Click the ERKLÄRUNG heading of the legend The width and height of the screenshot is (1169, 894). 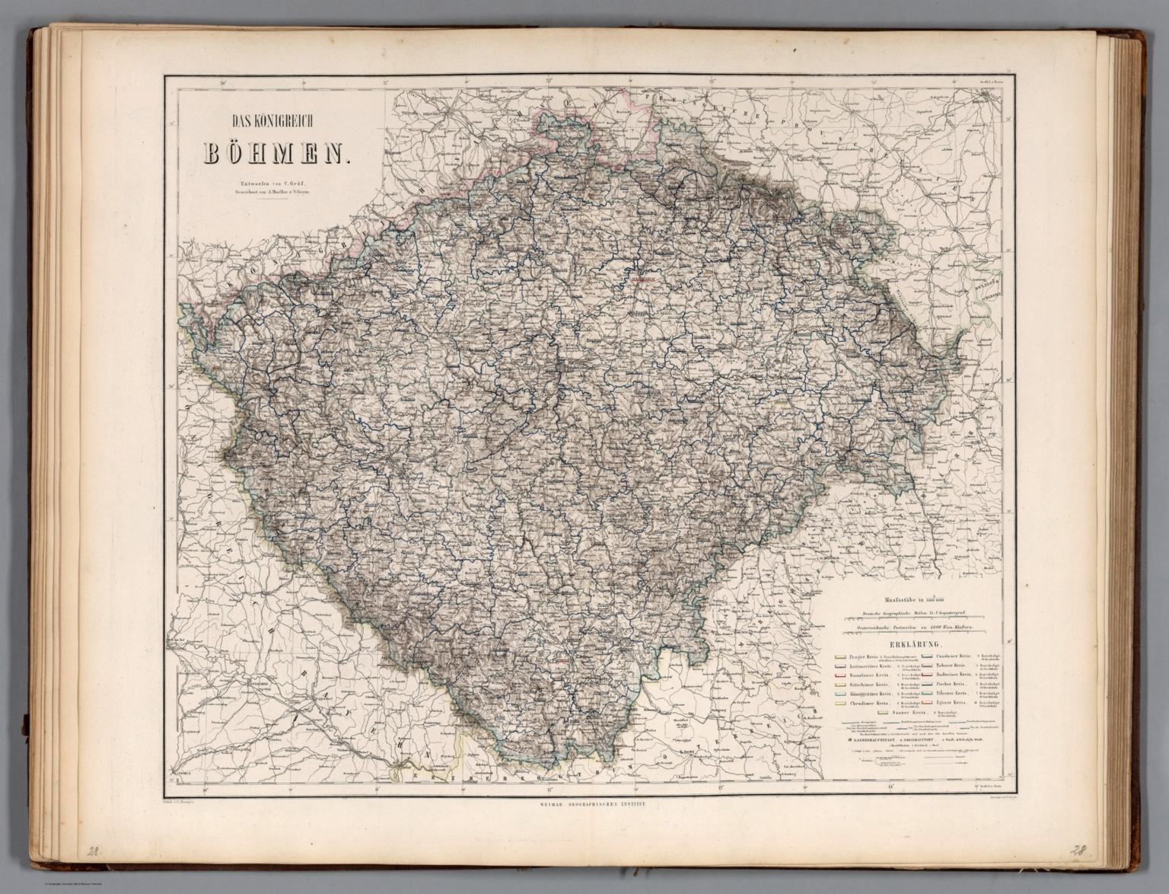pyautogui.click(x=916, y=644)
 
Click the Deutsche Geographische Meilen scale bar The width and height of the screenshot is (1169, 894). pyautogui.click(x=916, y=614)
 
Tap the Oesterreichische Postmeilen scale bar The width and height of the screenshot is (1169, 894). pyautogui.click(x=916, y=627)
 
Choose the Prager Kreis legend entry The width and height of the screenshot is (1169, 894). pyautogui.click(x=864, y=656)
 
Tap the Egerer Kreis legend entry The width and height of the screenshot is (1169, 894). pyautogui.click(x=951, y=702)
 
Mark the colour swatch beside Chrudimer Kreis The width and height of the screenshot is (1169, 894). pyautogui.click(x=840, y=703)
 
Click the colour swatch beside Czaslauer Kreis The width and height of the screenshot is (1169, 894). pyautogui.click(x=927, y=656)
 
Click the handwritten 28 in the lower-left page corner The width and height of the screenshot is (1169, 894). pyautogui.click(x=93, y=852)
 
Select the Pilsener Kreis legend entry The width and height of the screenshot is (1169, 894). pyautogui.click(x=951, y=693)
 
